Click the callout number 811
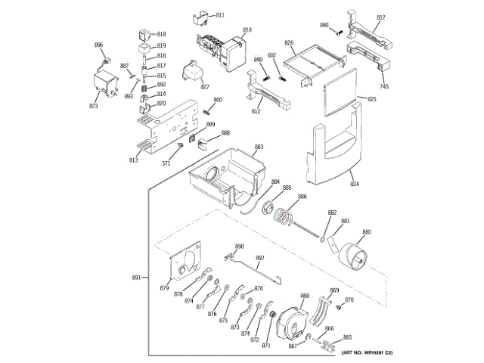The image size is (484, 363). pos(220,15)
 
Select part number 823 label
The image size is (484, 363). pos(94,106)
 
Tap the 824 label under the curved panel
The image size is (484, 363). pos(354,183)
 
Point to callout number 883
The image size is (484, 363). pos(259,147)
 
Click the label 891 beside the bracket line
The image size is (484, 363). pos(137,278)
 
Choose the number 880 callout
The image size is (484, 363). pos(367,231)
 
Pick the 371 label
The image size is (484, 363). pos(166,163)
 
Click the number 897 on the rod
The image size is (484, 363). pos(259,259)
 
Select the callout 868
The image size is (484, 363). pos(305,295)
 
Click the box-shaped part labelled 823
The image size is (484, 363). pos(105,84)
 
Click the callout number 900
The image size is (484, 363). pos(217,101)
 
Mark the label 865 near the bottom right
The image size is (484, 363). pos(348,337)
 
